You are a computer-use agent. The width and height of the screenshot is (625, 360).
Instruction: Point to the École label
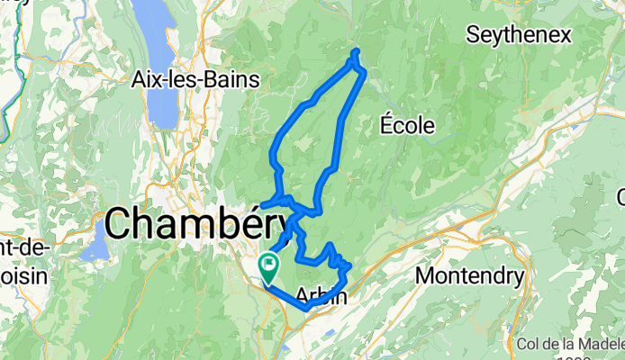(406, 124)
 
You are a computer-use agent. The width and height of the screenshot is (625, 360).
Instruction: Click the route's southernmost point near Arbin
(306, 309)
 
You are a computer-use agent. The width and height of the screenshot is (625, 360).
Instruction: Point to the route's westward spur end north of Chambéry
(262, 205)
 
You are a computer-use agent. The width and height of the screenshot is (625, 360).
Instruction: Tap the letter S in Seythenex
(471, 35)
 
